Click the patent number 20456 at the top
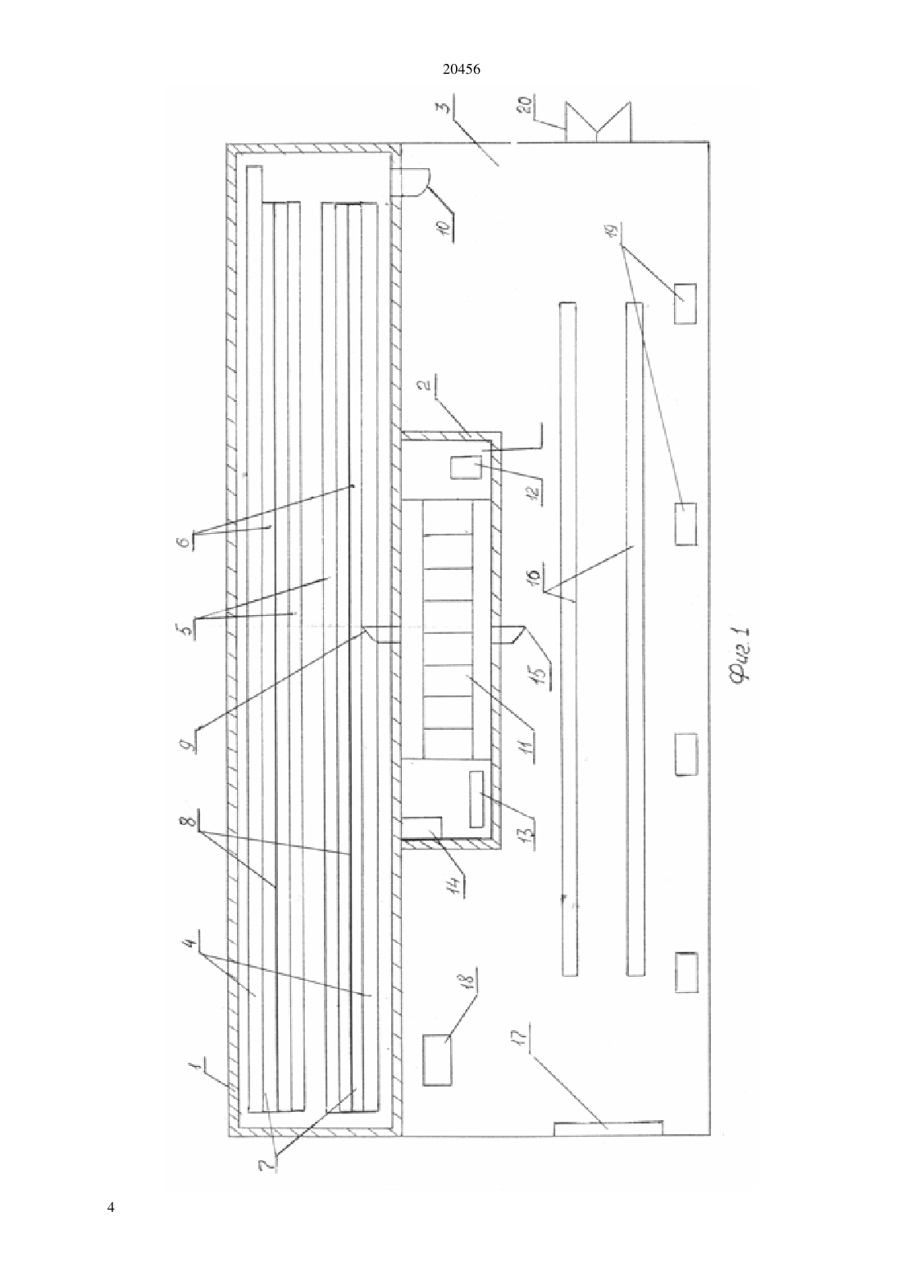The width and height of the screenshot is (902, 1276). pyautogui.click(x=461, y=70)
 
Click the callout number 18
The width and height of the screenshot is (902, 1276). pyautogui.click(x=468, y=980)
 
